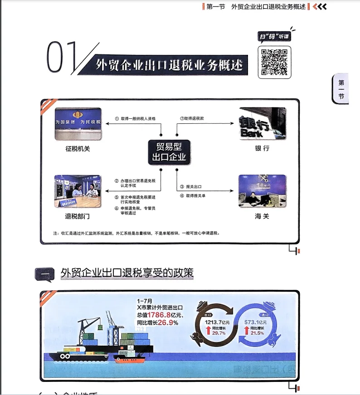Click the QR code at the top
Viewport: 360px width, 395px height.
pyautogui.click(x=274, y=62)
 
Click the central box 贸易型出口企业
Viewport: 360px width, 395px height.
pyautogui.click(x=169, y=151)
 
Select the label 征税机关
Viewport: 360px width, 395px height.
pyautogui.click(x=78, y=148)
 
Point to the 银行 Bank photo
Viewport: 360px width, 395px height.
pyautogui.click(x=263, y=123)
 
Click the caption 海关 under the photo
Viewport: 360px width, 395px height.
pyautogui.click(x=262, y=216)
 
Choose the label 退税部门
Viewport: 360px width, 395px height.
pyautogui.click(x=78, y=216)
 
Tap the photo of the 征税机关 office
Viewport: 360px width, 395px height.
pyautogui.click(x=78, y=124)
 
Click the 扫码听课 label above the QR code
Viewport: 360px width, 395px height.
pyautogui.click(x=274, y=37)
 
